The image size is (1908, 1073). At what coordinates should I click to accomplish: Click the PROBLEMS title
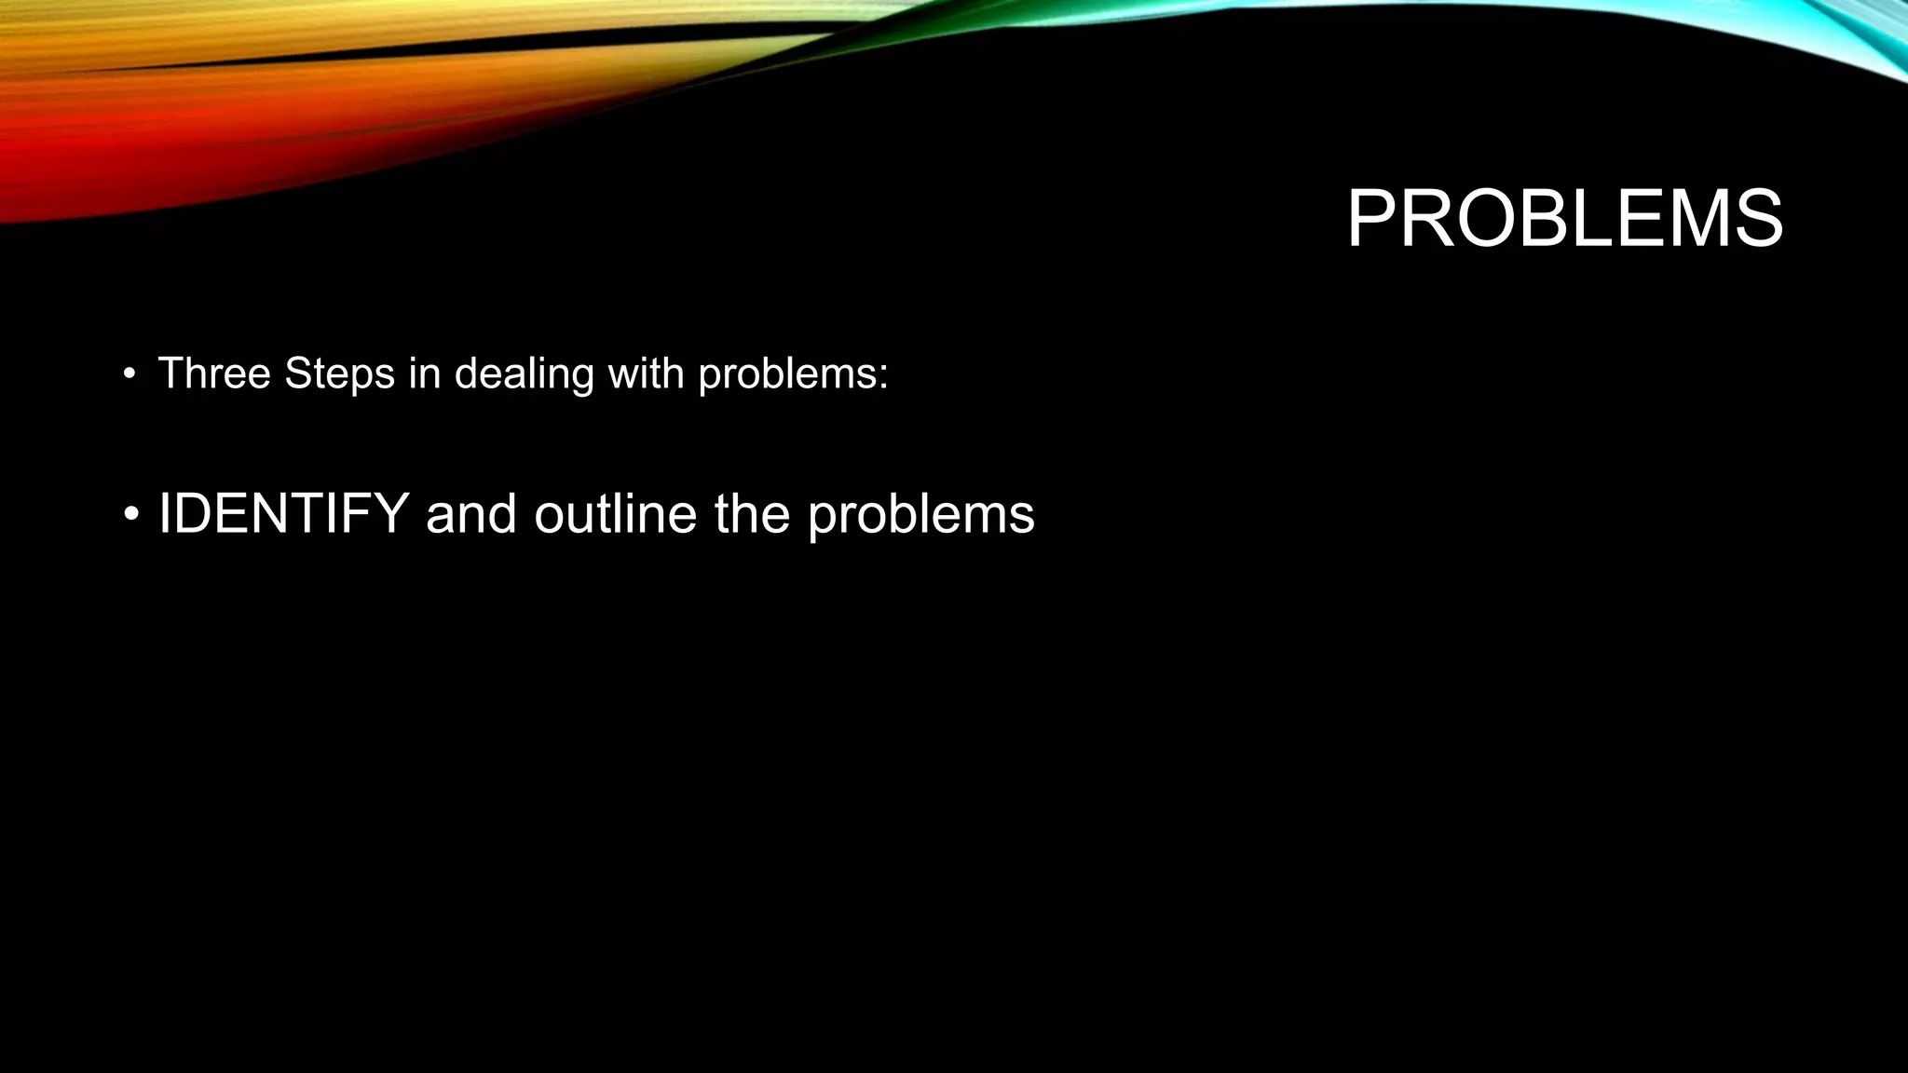pyautogui.click(x=1564, y=220)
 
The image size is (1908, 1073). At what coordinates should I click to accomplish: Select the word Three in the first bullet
pyautogui.click(x=214, y=374)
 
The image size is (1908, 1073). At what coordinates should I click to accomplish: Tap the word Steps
pyautogui.click(x=339, y=374)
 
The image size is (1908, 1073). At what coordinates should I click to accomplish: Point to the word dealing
pyautogui.click(x=524, y=374)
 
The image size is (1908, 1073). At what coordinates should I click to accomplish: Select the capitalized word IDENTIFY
pyautogui.click(x=284, y=513)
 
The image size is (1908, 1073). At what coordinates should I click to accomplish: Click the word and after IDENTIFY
pyautogui.click(x=470, y=513)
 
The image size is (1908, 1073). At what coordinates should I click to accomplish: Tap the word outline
pyautogui.click(x=615, y=513)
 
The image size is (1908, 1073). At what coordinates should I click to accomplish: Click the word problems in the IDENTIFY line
pyautogui.click(x=920, y=515)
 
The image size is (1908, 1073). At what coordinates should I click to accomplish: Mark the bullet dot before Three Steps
pyautogui.click(x=129, y=375)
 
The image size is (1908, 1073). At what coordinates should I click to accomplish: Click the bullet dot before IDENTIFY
pyautogui.click(x=131, y=515)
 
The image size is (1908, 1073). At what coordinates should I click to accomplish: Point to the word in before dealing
pyautogui.click(x=424, y=374)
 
